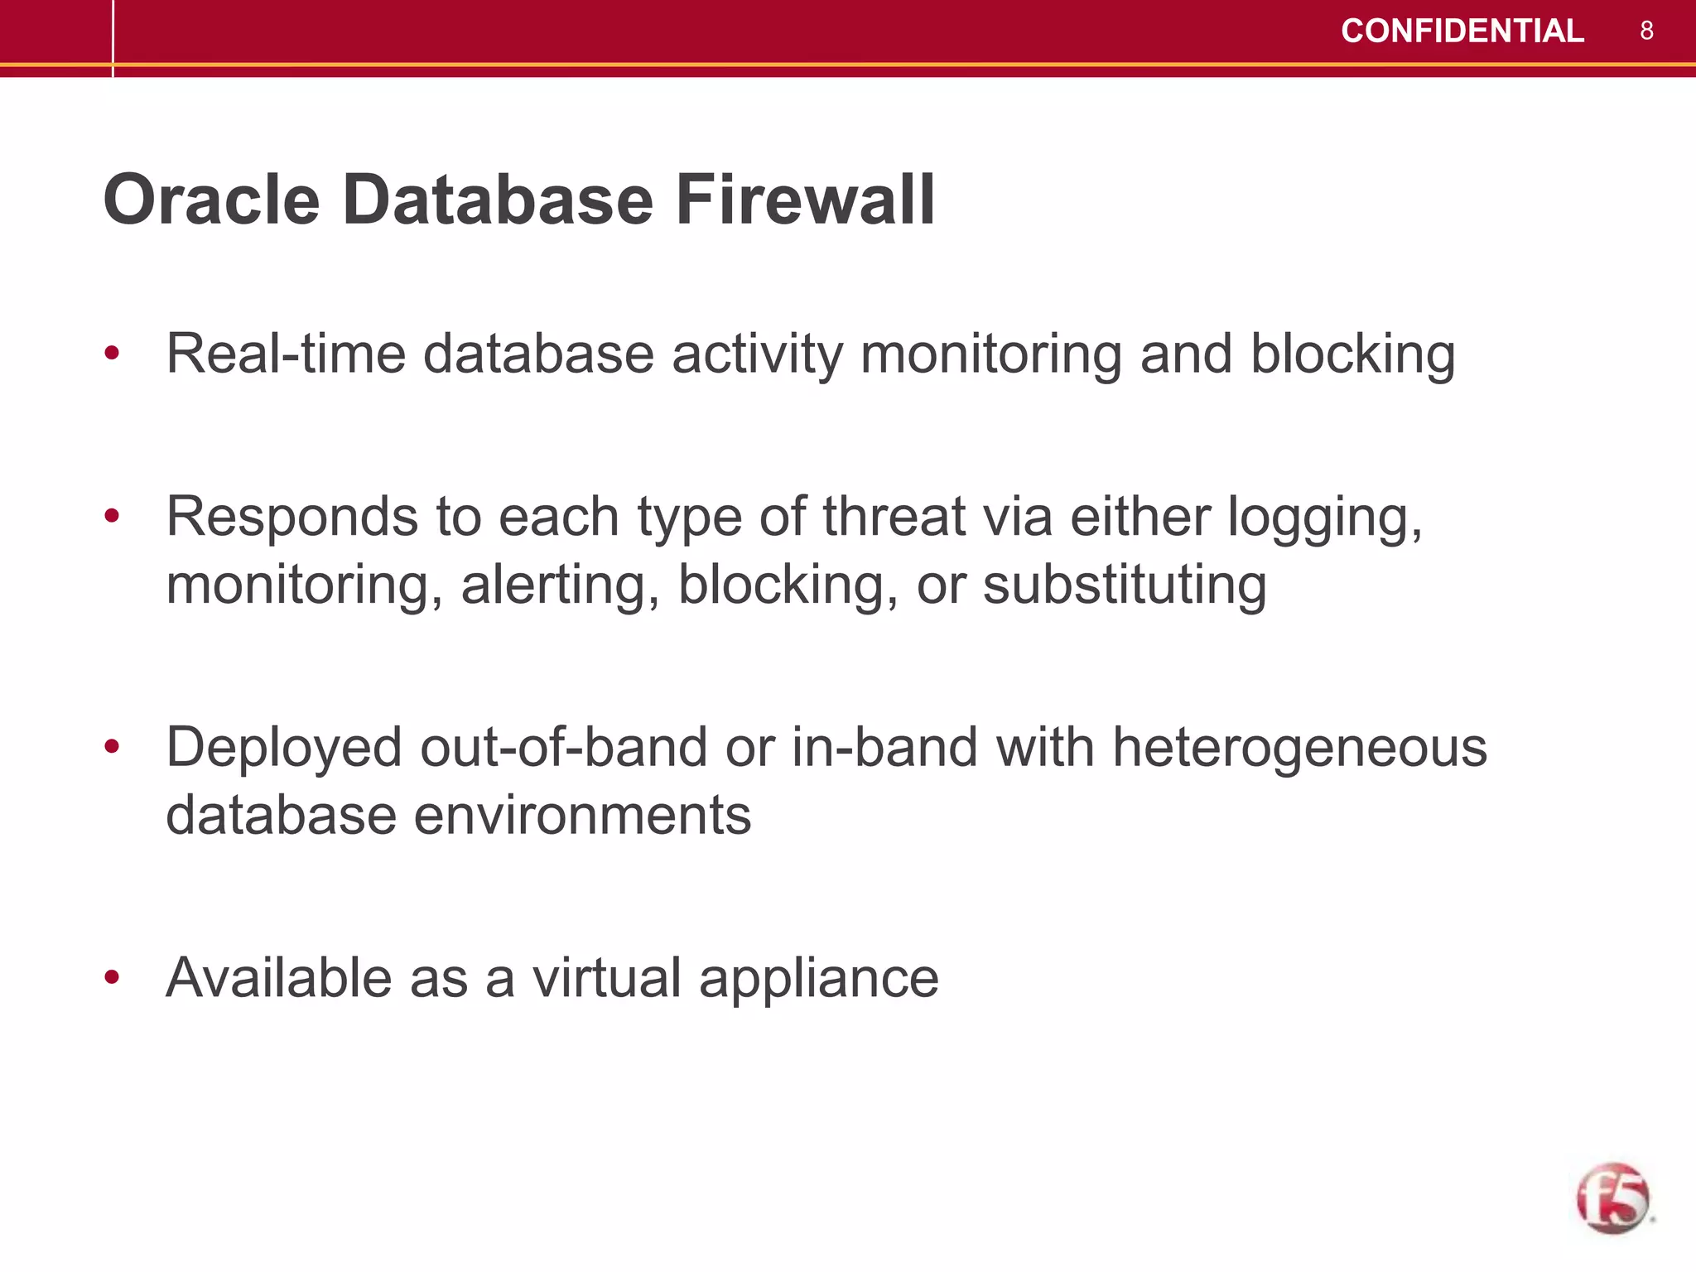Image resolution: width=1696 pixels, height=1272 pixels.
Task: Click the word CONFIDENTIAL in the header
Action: (1462, 31)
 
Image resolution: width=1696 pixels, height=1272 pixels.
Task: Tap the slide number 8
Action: (1646, 31)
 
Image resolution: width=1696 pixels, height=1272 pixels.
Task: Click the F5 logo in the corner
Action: (1612, 1197)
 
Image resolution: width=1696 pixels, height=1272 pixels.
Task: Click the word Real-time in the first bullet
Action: (286, 354)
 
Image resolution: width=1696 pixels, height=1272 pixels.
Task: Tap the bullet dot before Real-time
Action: (112, 354)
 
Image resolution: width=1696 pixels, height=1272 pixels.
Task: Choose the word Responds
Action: (291, 517)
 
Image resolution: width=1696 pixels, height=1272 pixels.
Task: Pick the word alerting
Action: (561, 585)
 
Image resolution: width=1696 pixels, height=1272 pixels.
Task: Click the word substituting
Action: (1125, 585)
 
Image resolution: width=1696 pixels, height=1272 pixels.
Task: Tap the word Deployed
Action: (285, 749)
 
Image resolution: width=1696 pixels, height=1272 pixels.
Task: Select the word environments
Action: (582, 815)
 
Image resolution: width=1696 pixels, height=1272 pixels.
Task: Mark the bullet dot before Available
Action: (112, 978)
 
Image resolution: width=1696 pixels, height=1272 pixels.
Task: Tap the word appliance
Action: (818, 980)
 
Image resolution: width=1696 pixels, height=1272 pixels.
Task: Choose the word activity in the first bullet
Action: (757, 354)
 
